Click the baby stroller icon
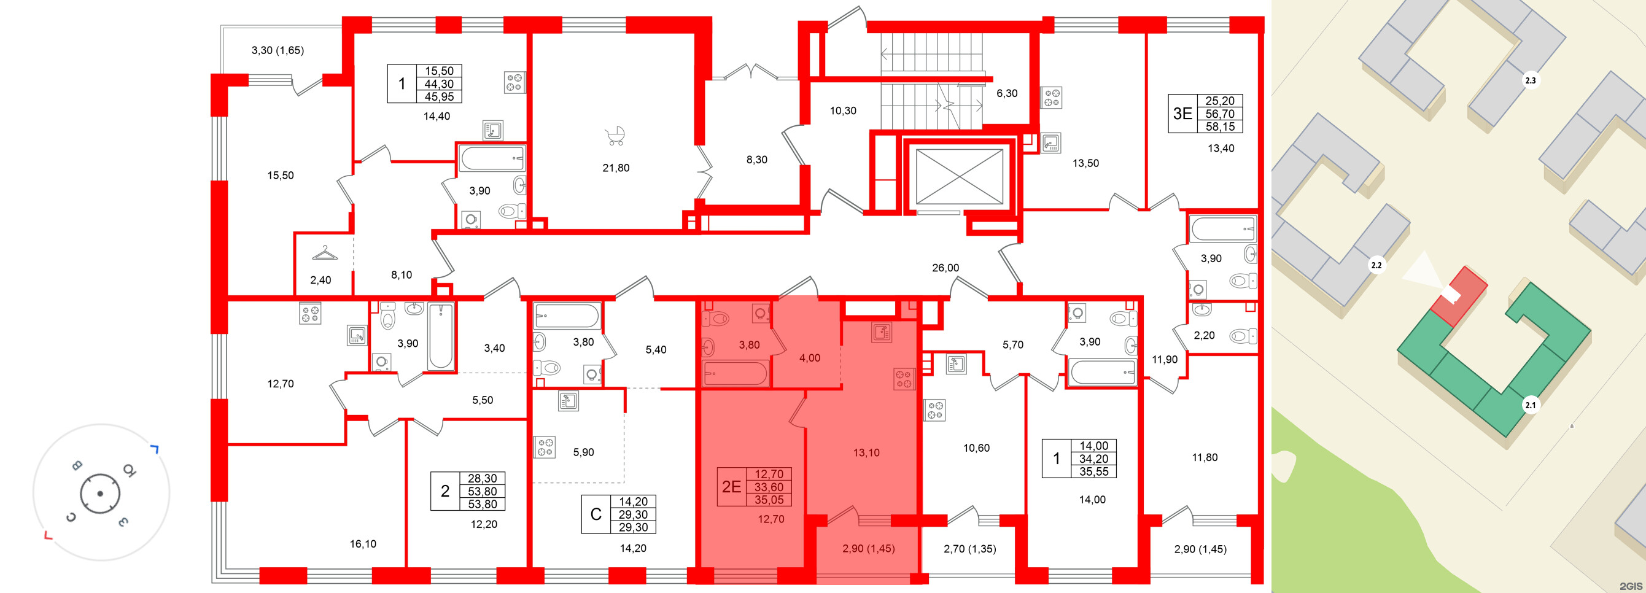coord(615,136)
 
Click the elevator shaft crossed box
coord(959,176)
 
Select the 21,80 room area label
coord(616,168)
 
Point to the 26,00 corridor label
coord(945,268)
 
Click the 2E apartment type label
coord(731,487)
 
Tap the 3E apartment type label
coord(1182,114)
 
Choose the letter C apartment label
coord(596,514)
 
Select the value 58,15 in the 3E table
coord(1220,126)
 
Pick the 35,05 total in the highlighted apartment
coord(769,500)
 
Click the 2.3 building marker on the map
coord(1531,80)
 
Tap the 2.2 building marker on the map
coord(1376,265)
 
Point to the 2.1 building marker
coord(1531,405)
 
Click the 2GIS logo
coord(1631,586)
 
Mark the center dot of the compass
coord(100,494)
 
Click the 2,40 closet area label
coord(320,280)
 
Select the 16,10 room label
coord(363,544)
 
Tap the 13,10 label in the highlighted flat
coord(866,452)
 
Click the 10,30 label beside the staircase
coord(843,110)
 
